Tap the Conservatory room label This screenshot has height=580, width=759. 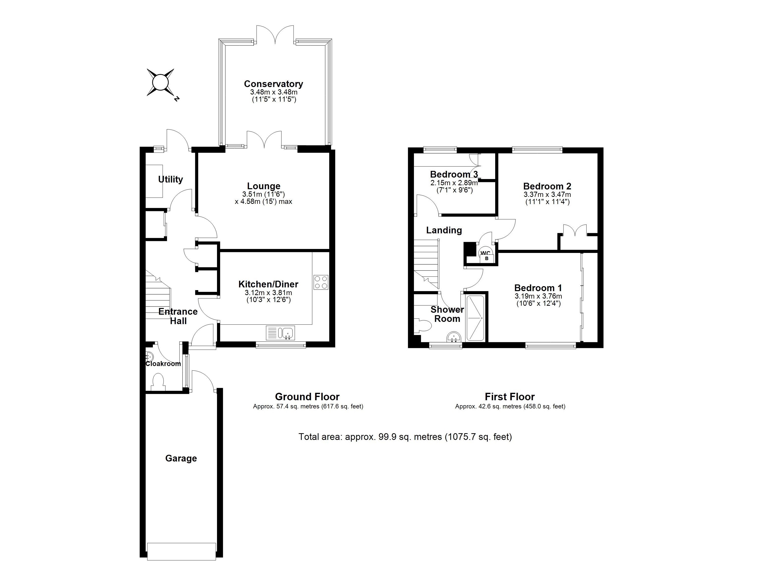pyautogui.click(x=273, y=84)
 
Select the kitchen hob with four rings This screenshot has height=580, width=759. pyautogui.click(x=321, y=282)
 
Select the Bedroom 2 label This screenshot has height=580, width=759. pyautogui.click(x=547, y=186)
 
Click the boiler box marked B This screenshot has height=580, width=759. pyautogui.click(x=487, y=258)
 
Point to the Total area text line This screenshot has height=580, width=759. pyautogui.click(x=405, y=437)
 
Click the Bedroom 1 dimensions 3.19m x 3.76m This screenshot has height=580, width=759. pyautogui.click(x=538, y=296)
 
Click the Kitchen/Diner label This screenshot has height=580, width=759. pyautogui.click(x=268, y=284)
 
